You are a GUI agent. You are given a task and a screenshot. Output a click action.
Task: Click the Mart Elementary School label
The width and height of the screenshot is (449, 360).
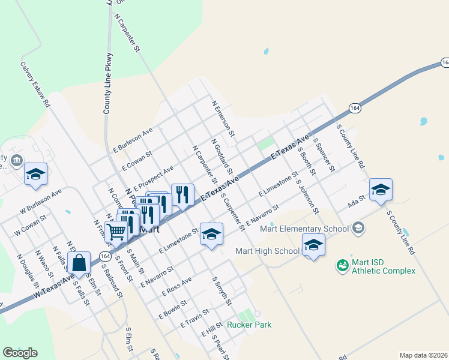(304, 229)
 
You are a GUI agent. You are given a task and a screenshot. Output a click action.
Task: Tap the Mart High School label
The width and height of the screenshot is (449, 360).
(267, 251)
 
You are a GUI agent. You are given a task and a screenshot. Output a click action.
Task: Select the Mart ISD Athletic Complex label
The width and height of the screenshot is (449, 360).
(384, 266)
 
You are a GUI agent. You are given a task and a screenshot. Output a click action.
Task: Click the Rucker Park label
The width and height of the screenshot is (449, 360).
(249, 325)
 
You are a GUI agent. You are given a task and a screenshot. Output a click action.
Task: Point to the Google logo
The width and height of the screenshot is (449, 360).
(20, 353)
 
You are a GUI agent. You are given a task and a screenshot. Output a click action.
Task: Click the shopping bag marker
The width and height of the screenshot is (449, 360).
(79, 262)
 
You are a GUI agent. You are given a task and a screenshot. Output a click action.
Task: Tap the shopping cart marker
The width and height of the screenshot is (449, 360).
(116, 231)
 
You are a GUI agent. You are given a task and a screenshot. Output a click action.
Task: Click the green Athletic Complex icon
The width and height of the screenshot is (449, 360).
(342, 265)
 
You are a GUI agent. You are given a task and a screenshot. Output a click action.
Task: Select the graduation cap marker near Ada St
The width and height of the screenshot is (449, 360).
(381, 189)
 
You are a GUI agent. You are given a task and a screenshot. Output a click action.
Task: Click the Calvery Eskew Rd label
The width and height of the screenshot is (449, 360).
(35, 85)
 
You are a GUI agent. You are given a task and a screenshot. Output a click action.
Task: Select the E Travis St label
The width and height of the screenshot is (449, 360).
(194, 319)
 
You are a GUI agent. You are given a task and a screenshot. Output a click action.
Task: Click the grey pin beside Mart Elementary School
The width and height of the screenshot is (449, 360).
(358, 227)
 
